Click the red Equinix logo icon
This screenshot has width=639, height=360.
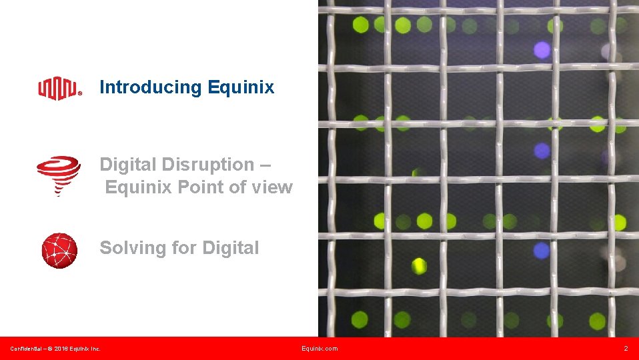click(x=59, y=88)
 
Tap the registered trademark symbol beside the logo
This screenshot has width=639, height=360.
click(x=81, y=94)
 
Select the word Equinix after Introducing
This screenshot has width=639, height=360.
click(x=241, y=87)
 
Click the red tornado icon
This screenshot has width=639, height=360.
click(x=58, y=175)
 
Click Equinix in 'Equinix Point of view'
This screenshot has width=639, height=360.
click(x=139, y=187)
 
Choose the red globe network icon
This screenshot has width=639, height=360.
click(x=59, y=251)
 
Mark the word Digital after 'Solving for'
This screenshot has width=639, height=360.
click(x=230, y=248)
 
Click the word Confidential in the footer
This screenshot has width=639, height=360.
click(x=26, y=349)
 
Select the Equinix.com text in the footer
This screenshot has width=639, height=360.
click(x=319, y=349)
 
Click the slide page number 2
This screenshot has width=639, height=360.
click(x=626, y=349)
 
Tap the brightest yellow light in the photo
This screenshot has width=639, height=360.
click(x=419, y=265)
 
